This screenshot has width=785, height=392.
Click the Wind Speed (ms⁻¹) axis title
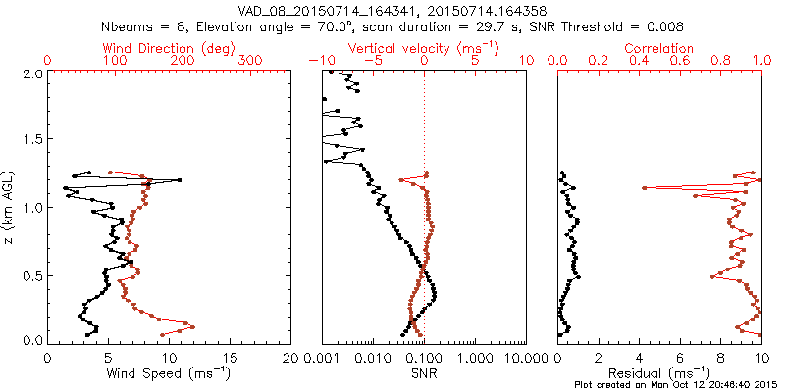169,373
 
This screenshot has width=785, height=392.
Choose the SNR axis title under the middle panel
424,373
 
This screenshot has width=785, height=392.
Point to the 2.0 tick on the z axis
31,73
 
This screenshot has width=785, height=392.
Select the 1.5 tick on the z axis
31,140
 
